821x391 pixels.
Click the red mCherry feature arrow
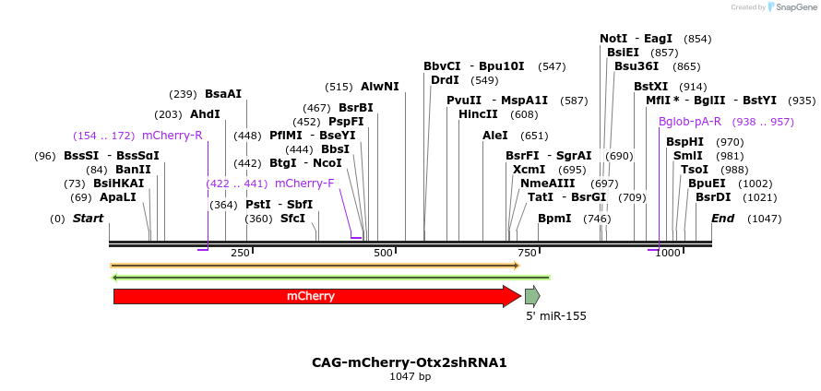coord(314,296)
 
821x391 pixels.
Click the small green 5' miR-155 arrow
coord(531,296)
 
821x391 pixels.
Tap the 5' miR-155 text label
coord(556,315)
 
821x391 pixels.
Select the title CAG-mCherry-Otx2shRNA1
coord(410,362)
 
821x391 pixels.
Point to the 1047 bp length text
coord(410,376)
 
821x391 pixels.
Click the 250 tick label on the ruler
coord(240,253)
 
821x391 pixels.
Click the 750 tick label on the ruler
coord(527,253)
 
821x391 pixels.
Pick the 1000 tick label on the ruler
coord(668,253)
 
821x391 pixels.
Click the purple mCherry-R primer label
coord(173,136)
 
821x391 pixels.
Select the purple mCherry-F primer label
coord(304,183)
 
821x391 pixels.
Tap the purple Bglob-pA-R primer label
coord(690,122)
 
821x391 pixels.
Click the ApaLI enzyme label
coord(118,197)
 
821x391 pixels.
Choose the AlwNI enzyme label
coord(380,87)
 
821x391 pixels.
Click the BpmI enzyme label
coord(554,219)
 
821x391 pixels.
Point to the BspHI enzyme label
coord(684,142)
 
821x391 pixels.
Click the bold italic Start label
coord(89,219)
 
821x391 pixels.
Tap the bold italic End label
coord(722,219)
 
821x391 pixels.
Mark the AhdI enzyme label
coord(205,114)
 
